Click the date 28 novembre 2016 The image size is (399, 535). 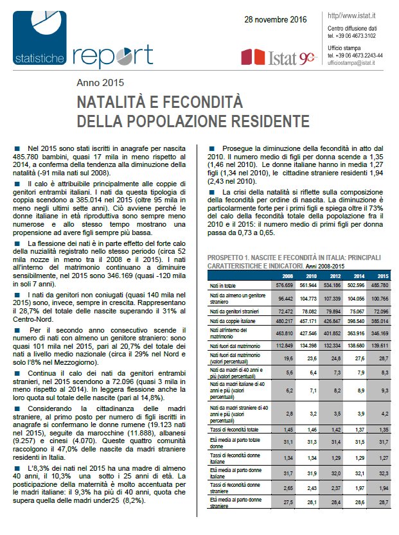point(273,21)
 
